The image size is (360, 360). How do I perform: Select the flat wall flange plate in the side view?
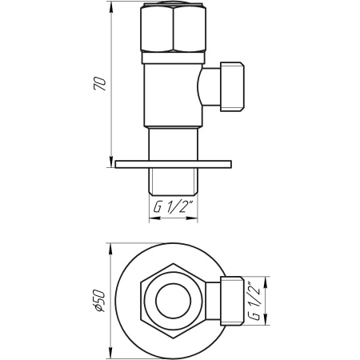tap(172, 165)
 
